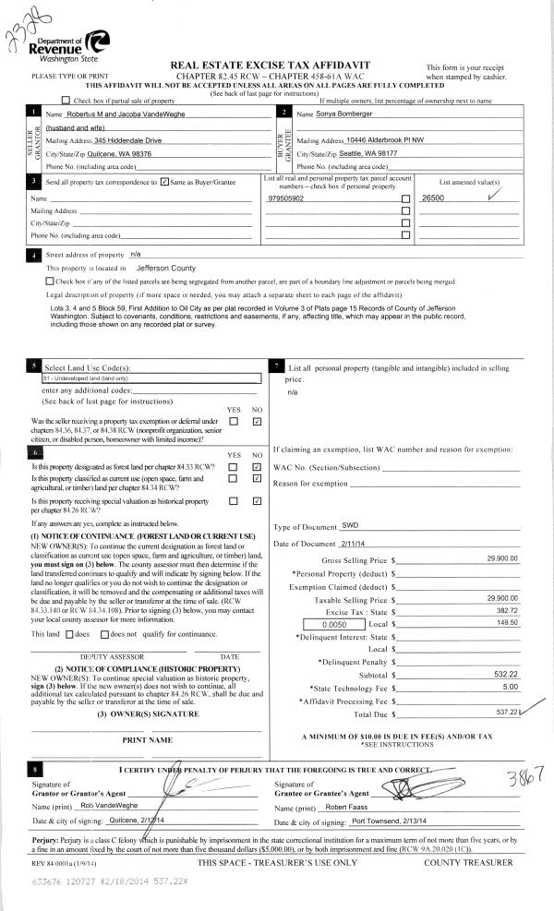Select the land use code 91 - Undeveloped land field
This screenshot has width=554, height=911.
coord(146,378)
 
